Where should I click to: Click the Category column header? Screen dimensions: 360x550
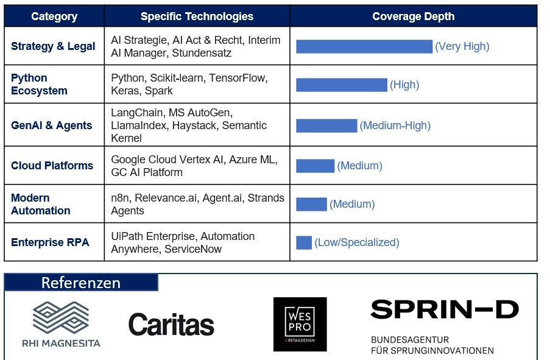click(54, 16)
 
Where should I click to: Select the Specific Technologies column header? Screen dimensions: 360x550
click(197, 16)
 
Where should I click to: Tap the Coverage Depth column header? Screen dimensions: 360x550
click(413, 16)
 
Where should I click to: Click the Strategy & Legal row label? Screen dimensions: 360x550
click(53, 46)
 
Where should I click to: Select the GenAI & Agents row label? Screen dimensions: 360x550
click(52, 125)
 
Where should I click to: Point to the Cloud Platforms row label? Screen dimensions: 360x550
click(52, 166)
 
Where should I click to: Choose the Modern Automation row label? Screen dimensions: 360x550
click(40, 204)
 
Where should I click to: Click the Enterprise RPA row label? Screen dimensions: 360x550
click(50, 242)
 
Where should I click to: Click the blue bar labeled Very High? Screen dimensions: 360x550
click(364, 46)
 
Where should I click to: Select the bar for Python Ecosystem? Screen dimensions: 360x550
click(341, 85)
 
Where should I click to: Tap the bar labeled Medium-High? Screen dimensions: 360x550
click(326, 125)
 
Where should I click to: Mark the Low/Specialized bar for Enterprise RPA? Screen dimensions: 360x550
click(303, 242)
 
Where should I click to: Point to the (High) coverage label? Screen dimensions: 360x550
click(404, 85)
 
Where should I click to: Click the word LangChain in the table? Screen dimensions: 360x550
click(133, 113)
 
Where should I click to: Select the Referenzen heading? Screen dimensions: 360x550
click(81, 283)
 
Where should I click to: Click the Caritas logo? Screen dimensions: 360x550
click(171, 325)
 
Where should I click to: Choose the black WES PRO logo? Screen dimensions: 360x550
click(300, 324)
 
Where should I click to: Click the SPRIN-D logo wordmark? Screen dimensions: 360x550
click(444, 309)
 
